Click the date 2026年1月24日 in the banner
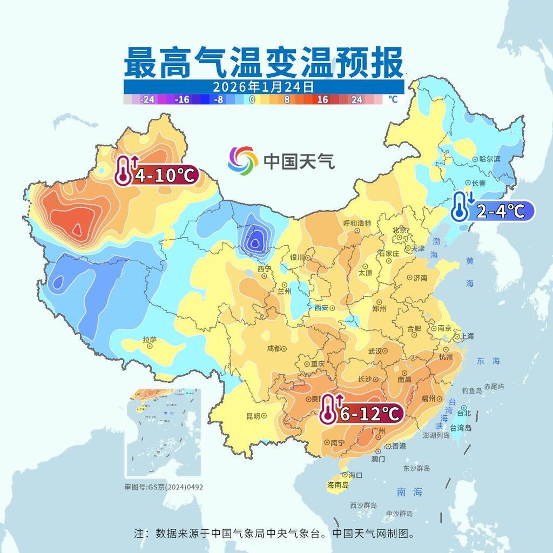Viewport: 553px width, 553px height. tap(263, 87)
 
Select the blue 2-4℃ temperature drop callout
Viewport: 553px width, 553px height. tap(493, 210)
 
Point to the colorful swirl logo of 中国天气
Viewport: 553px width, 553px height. tap(242, 160)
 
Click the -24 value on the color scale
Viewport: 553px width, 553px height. tap(147, 100)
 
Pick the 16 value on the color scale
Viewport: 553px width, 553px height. tap(323, 100)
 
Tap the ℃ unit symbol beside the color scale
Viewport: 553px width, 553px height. tap(393, 100)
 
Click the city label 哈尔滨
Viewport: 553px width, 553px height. tap(490, 159)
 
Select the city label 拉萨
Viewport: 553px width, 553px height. tap(150, 340)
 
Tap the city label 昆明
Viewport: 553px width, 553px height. tap(253, 416)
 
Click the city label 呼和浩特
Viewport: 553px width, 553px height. tap(358, 223)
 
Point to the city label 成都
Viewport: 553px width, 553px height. tap(274, 349)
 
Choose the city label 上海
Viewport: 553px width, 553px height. tap(467, 336)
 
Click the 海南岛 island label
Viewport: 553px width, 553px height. tap(338, 485)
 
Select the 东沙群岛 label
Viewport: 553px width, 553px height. tap(416, 468)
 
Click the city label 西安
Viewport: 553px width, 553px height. tap(321, 308)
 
